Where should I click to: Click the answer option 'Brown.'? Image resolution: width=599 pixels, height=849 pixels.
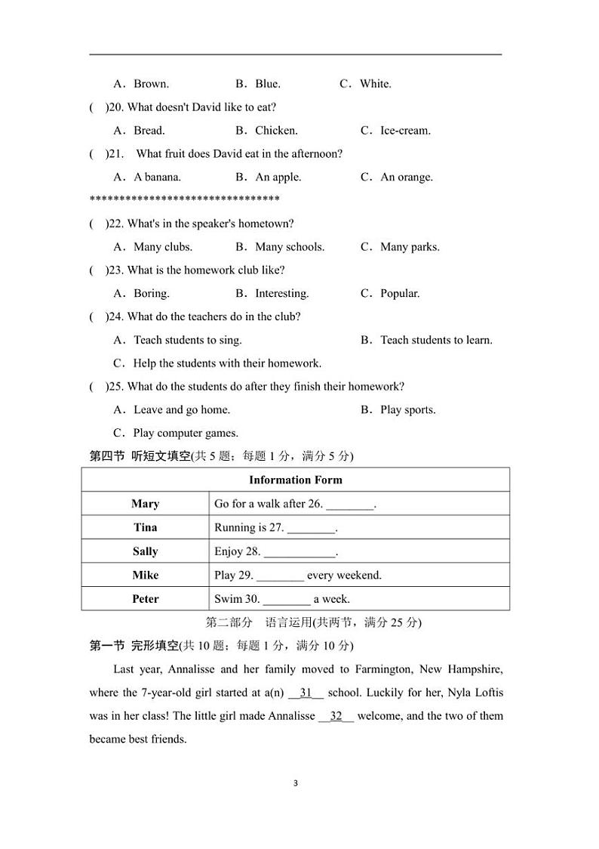point(150,84)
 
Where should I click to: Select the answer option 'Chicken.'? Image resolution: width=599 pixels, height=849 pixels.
point(275,131)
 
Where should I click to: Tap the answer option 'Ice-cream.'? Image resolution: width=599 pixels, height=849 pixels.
point(405,131)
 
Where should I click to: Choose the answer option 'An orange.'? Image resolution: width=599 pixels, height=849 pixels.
point(406,178)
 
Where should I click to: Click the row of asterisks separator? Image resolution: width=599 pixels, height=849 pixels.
point(184,200)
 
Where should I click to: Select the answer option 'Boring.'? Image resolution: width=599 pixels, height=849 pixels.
point(151,294)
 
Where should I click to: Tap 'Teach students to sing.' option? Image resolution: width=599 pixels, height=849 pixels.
point(187,341)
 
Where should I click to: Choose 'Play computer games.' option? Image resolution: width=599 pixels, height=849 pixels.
point(185,434)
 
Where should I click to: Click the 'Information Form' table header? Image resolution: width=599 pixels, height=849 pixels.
point(295,480)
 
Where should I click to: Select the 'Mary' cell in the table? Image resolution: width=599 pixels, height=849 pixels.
point(145,504)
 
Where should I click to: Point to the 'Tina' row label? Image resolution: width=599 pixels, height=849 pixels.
point(145,527)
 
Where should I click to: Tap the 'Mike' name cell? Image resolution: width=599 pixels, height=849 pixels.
point(145,576)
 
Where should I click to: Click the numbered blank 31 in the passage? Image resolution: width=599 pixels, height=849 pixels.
point(306,693)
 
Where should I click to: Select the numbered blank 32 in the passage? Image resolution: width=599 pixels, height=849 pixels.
point(336,716)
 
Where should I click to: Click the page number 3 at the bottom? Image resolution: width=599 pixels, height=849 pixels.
point(296,783)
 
